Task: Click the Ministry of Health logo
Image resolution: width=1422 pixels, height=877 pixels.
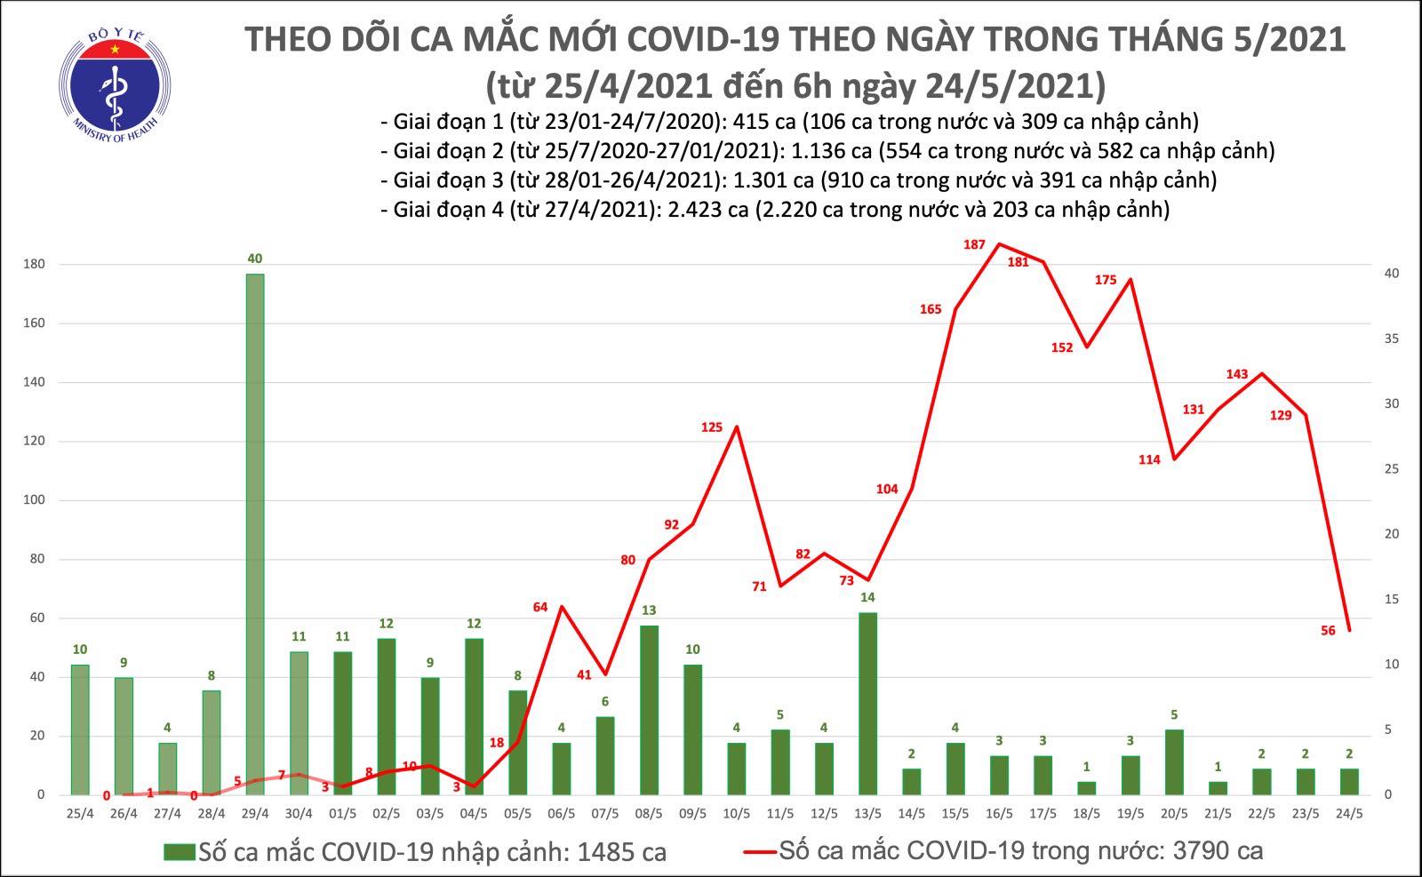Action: click(115, 85)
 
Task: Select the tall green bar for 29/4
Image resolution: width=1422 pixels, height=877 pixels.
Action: click(254, 533)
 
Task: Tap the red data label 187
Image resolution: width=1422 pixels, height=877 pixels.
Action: click(974, 244)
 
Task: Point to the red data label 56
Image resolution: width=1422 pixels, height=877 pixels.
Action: click(1328, 631)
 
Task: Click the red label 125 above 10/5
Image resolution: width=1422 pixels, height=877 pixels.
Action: click(712, 427)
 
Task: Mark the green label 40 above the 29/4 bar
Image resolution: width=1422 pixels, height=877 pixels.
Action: click(255, 259)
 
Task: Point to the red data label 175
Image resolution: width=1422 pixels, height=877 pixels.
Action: click(1106, 280)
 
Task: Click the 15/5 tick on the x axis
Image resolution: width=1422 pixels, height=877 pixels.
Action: click(955, 813)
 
